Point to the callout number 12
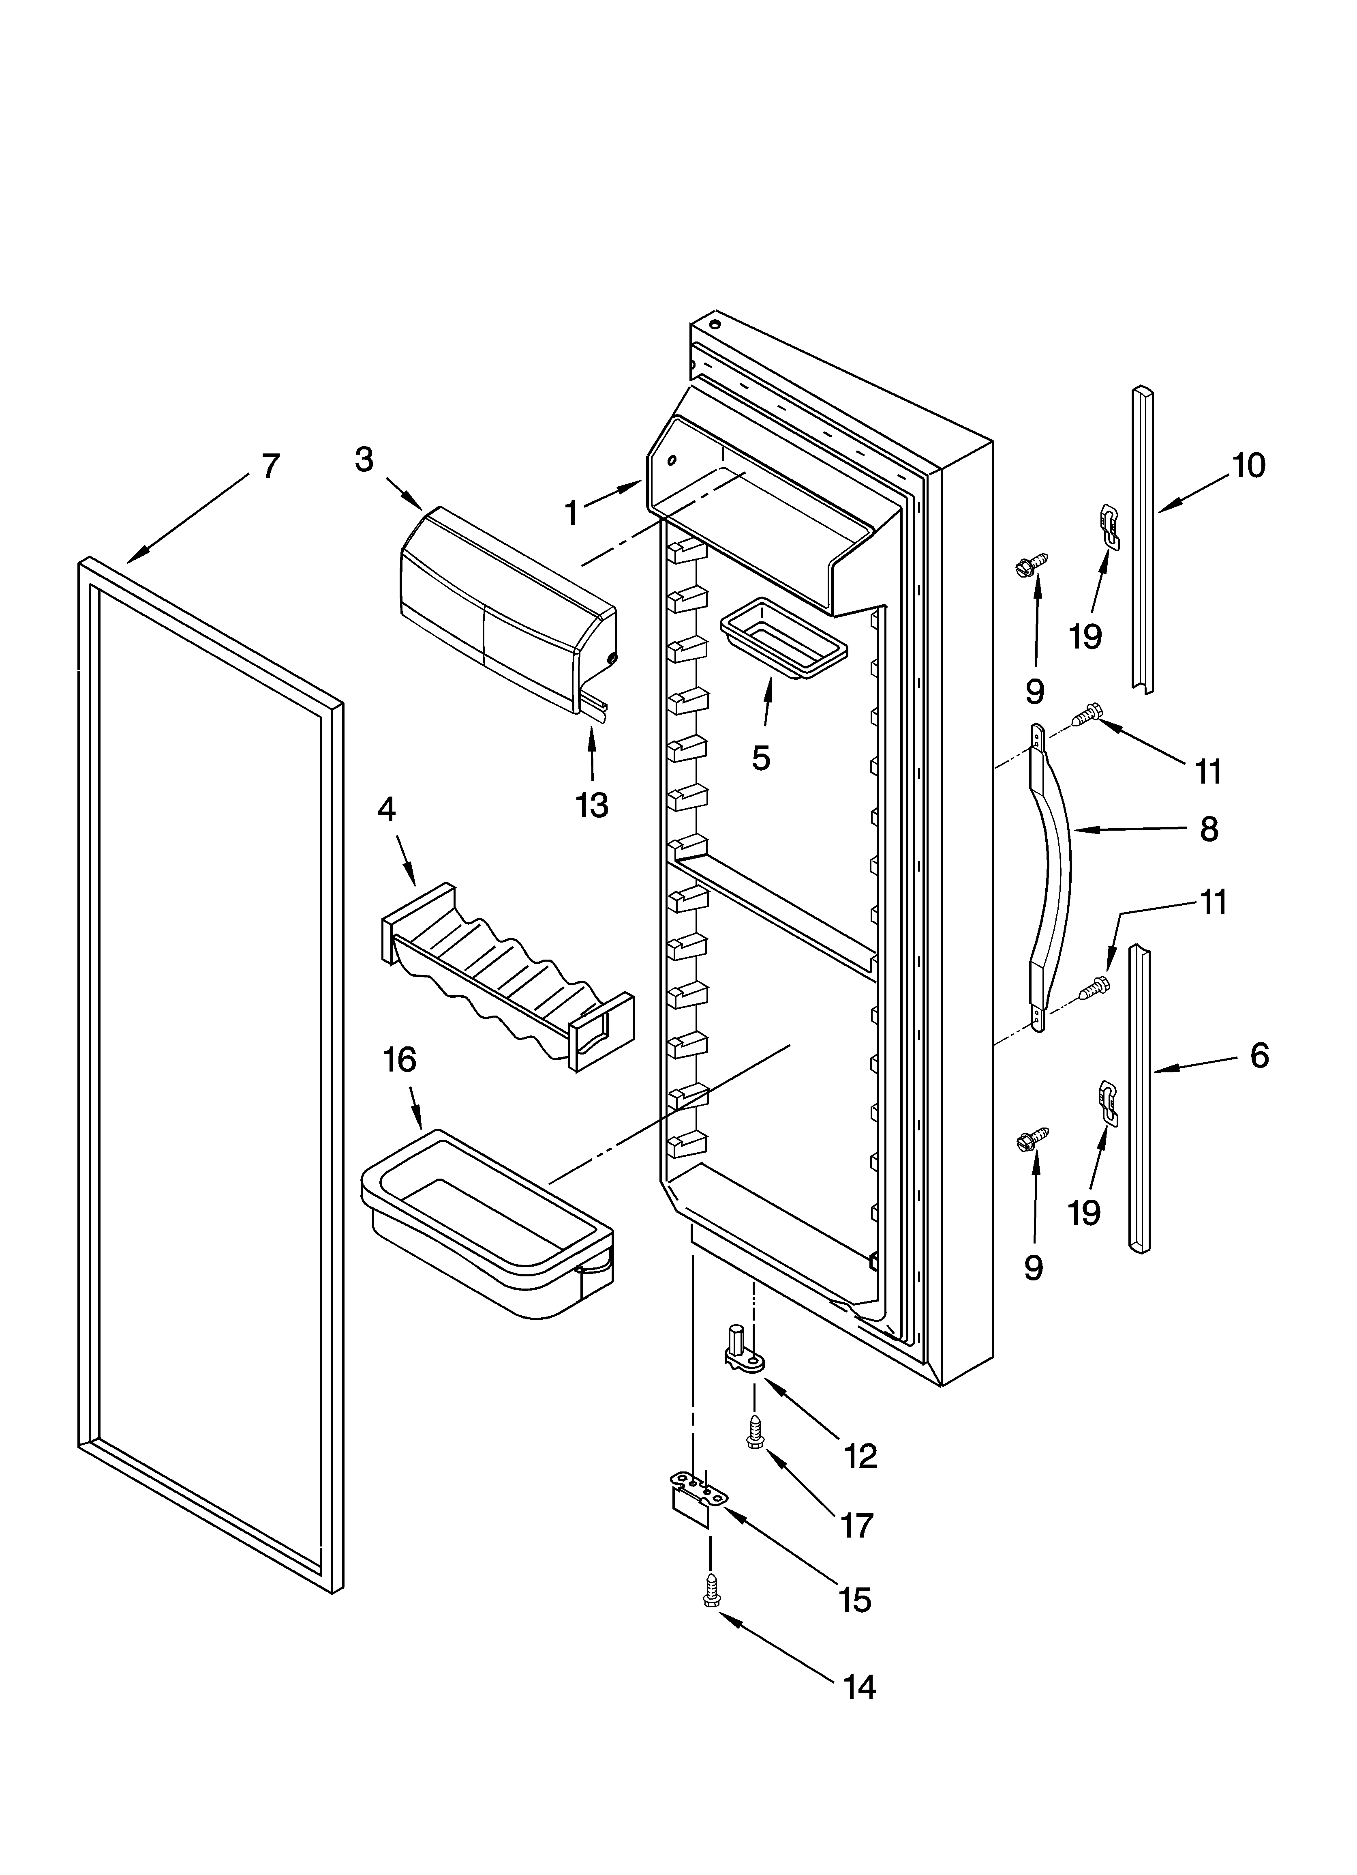[860, 1456]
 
